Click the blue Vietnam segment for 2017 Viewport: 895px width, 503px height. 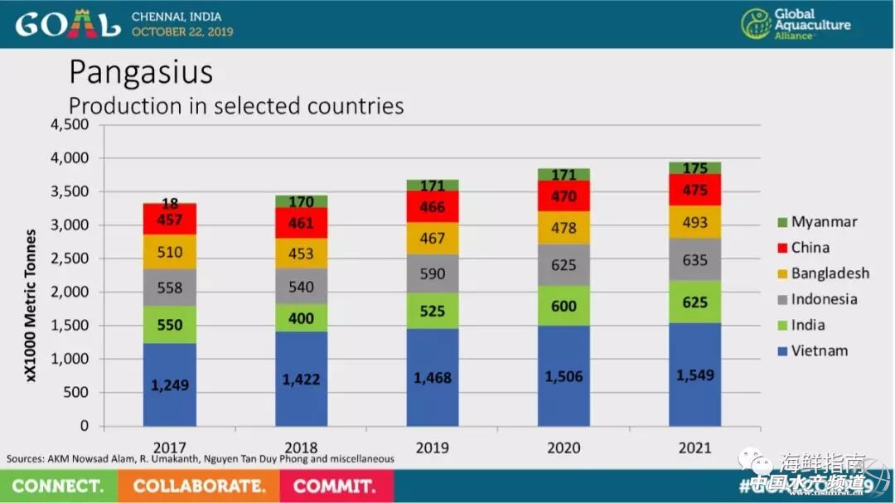click(170, 385)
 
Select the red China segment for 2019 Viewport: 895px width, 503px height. click(432, 206)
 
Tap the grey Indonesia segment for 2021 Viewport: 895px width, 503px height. click(695, 259)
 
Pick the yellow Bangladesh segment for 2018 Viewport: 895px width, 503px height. click(301, 253)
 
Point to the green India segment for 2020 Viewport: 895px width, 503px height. click(564, 306)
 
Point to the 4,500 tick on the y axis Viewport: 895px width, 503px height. click(70, 124)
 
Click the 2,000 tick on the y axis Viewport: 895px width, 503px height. click(70, 293)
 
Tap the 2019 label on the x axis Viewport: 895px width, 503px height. click(432, 448)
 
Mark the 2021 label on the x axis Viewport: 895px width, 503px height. click(695, 448)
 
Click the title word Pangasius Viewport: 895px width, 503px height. click(141, 73)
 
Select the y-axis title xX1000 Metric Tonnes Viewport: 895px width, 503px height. click(31, 305)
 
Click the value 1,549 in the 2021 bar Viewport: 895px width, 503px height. click(695, 375)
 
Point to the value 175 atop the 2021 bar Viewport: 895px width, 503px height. click(695, 168)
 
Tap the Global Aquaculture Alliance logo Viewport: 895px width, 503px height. click(796, 24)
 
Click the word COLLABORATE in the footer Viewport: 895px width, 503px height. click(199, 486)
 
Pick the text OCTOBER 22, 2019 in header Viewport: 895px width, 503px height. click(182, 31)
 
